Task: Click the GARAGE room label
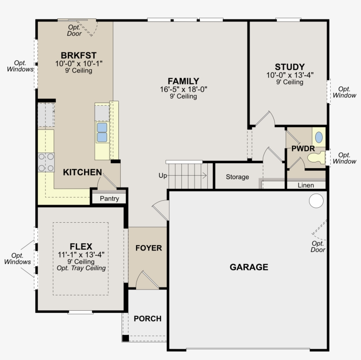[x=249, y=267]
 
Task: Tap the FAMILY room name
[x=184, y=81]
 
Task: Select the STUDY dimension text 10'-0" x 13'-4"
[x=290, y=75]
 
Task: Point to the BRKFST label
[x=78, y=55]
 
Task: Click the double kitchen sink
[x=102, y=132]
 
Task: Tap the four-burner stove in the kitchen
[x=46, y=162]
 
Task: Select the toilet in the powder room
[x=317, y=158]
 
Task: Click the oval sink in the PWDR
[x=319, y=137]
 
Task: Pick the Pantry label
[x=109, y=198]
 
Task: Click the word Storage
[x=237, y=177]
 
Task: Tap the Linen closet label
[x=306, y=185]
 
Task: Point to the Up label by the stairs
[x=162, y=176]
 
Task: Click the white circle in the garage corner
[x=316, y=201]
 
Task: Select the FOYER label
[x=149, y=248]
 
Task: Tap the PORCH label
[x=147, y=319]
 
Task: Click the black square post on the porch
[x=125, y=338]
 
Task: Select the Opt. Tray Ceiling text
[x=81, y=268]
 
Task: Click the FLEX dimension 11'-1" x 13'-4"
[x=81, y=254]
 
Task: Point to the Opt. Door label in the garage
[x=318, y=246]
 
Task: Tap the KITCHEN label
[x=82, y=172]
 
